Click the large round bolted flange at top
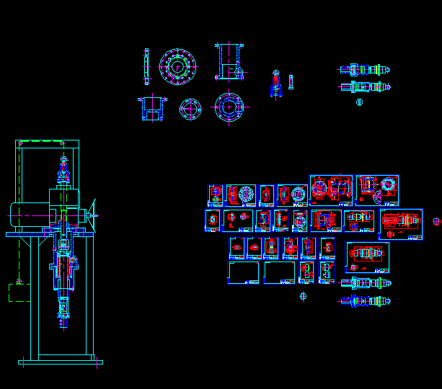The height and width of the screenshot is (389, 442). coord(177,66)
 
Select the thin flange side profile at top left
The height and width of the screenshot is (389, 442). coord(147,66)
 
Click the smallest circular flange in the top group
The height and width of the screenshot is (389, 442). coord(190,109)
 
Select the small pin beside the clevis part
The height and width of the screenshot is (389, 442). coord(291,81)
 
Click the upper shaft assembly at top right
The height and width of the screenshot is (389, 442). coord(365,70)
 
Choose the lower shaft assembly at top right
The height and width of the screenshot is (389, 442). coord(365,88)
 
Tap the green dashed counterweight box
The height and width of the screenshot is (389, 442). coord(19,292)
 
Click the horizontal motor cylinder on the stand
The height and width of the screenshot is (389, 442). coord(29,214)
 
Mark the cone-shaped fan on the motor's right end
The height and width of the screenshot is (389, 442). coord(92,214)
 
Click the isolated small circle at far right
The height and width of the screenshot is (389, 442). coord(436,222)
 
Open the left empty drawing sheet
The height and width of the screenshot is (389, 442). coord(244,273)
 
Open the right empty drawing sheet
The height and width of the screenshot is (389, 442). coord(279,273)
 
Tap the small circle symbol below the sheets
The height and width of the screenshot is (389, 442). coord(303,295)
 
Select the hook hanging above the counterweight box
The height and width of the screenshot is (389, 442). coord(19,280)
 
